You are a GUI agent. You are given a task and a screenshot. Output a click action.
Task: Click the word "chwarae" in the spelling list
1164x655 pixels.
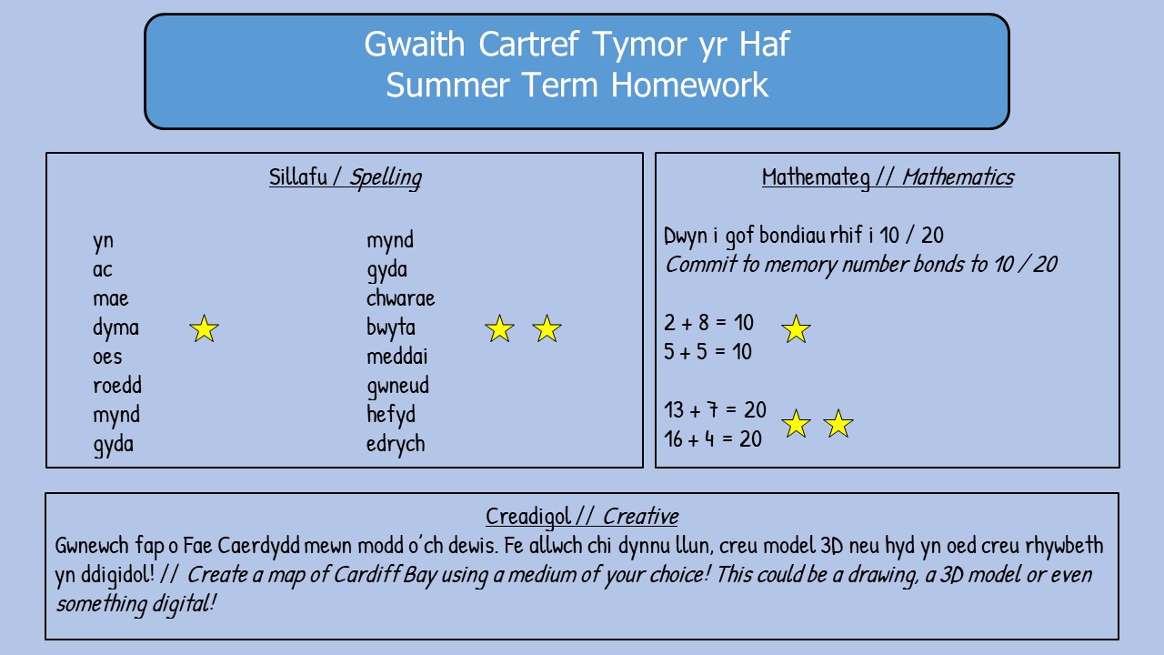click(x=401, y=298)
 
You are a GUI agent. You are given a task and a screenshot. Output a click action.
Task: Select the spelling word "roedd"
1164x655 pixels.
click(x=117, y=385)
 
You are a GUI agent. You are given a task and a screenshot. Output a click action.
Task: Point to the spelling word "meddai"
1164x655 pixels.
click(x=397, y=357)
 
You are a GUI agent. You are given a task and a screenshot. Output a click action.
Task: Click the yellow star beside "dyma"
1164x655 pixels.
click(x=204, y=328)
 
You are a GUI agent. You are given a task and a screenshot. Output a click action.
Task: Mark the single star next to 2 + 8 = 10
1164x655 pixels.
click(x=796, y=329)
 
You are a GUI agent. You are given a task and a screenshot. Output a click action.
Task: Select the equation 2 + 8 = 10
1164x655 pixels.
click(x=708, y=323)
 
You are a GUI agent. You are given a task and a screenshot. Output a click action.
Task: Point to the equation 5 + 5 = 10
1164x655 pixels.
click(x=707, y=352)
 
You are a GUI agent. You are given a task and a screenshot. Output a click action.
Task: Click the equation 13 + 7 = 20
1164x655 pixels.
click(x=715, y=410)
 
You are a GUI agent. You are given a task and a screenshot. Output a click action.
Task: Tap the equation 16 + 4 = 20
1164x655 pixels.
click(x=713, y=439)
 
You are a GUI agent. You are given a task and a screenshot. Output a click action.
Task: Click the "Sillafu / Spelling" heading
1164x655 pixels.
click(x=345, y=177)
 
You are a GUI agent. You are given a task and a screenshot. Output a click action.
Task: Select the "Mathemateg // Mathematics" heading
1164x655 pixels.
click(x=888, y=177)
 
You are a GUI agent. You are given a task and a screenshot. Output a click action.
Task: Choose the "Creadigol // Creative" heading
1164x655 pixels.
click(x=582, y=517)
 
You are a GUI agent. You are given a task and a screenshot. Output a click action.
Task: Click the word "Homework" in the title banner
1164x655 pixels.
click(x=689, y=86)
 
